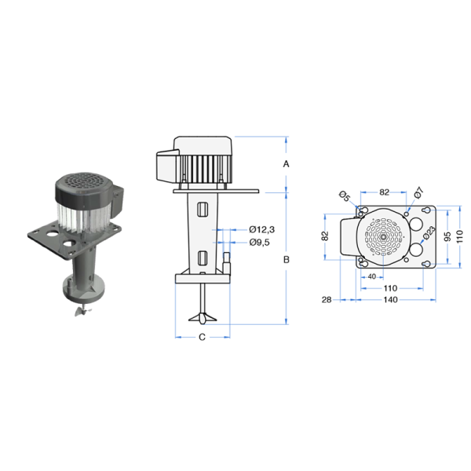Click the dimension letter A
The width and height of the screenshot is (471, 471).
[x=287, y=164]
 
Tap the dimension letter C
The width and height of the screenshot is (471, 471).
[x=201, y=338]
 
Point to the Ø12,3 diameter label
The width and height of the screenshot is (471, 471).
[x=261, y=229]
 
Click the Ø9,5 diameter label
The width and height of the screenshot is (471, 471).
[x=260, y=242]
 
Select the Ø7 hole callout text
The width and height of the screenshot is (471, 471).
[x=418, y=192]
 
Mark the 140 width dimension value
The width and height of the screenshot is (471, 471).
[x=390, y=300]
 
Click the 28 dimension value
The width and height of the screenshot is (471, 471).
[x=326, y=300]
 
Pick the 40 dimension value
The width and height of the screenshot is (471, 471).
[x=370, y=276]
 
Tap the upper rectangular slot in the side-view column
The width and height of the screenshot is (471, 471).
[x=203, y=210]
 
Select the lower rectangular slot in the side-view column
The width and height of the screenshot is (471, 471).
[x=203, y=257]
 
